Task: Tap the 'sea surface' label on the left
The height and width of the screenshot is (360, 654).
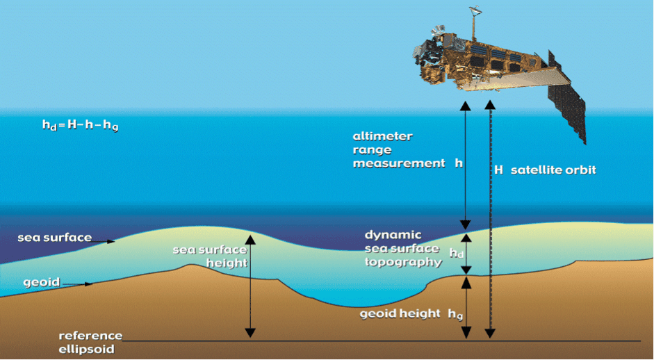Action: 54,238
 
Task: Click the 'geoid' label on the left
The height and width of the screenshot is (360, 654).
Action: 40,282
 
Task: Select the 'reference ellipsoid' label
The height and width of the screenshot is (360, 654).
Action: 90,342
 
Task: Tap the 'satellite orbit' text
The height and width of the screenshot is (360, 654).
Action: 553,170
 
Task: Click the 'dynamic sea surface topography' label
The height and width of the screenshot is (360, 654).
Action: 403,249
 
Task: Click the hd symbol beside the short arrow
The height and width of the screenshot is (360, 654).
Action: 457,254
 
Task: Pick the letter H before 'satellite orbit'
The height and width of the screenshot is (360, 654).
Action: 498,170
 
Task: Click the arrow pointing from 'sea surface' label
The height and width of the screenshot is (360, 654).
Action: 104,241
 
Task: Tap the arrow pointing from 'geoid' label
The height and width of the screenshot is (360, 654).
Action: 77,284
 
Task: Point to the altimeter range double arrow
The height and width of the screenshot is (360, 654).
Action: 466,163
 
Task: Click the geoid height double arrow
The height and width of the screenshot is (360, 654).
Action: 466,307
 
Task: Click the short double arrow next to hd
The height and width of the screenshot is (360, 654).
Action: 466,252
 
